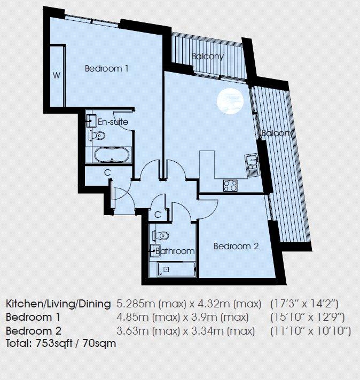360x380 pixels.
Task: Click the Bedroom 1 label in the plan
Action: pos(106,69)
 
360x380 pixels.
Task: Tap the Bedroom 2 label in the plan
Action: pos(236,246)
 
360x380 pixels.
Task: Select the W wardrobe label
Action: pos(57,75)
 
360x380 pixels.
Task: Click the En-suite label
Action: pos(113,121)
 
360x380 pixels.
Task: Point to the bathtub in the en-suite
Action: pos(112,155)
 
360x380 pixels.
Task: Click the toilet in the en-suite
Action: pos(97,136)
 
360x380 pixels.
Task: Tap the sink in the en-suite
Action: pos(91,121)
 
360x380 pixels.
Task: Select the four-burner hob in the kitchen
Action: pos(230,186)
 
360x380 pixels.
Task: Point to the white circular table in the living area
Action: pos(230,101)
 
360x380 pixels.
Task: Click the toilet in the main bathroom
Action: pos(161,235)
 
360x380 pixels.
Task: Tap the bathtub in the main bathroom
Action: pos(177,270)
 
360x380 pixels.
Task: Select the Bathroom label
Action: pos(175,251)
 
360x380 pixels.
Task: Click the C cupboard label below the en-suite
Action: pos(107,172)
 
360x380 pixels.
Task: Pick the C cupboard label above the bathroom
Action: pos(158,215)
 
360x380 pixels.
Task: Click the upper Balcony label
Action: pos(208,57)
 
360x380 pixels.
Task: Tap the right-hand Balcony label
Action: pos(278,133)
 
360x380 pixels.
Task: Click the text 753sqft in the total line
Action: pos(54,343)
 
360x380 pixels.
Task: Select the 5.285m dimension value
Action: pos(136,304)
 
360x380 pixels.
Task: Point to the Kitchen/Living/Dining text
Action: pos(58,304)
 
